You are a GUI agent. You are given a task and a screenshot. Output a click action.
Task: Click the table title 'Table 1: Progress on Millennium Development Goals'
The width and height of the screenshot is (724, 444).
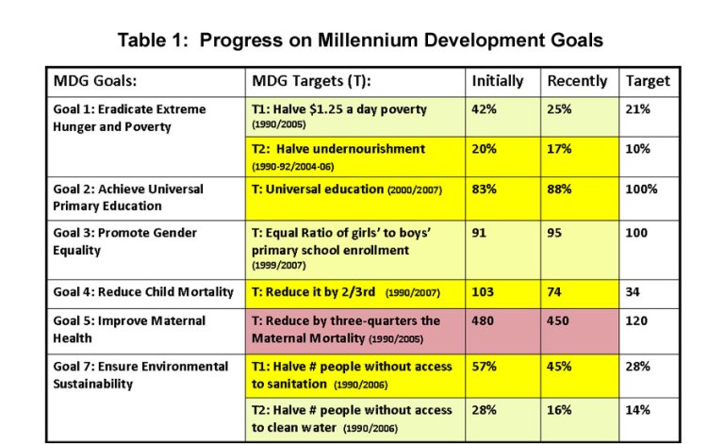tap(360, 41)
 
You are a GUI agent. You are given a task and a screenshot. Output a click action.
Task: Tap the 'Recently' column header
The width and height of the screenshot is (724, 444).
tap(577, 81)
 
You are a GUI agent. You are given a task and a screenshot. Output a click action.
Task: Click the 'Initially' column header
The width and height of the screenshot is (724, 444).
tap(497, 81)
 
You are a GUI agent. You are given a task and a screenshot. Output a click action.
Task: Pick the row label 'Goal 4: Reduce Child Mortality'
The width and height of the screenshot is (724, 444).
tap(142, 292)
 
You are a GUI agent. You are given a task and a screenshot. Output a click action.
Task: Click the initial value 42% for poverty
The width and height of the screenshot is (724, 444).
tap(484, 109)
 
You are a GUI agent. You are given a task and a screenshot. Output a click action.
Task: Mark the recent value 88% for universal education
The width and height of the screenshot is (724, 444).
tap(560, 189)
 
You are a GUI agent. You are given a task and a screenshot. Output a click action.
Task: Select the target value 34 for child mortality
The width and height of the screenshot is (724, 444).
tap(633, 292)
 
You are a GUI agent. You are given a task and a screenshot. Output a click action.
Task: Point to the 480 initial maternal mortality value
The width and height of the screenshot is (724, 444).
tap(483, 321)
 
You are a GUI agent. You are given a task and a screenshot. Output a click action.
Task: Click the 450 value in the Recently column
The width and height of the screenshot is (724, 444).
tap(559, 321)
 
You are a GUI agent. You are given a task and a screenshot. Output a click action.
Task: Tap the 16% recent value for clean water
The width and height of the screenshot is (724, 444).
tap(560, 410)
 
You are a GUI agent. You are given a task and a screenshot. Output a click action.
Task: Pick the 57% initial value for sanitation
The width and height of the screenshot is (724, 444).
tap(484, 367)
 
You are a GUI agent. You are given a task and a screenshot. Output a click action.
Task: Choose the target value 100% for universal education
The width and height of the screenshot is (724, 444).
tap(641, 189)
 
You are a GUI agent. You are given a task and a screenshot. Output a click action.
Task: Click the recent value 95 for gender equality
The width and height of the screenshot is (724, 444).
tap(555, 233)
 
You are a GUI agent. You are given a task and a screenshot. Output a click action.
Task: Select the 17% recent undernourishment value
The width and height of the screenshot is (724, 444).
tap(560, 149)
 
